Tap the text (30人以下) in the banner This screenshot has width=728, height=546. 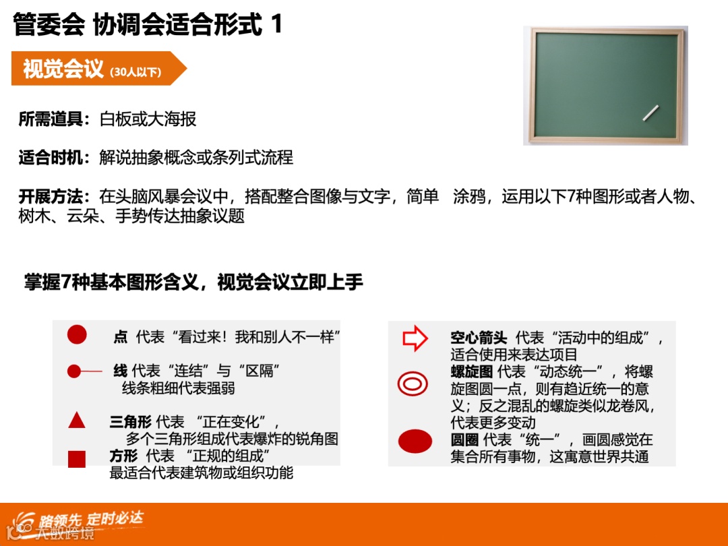click(135, 72)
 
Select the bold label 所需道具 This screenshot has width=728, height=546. click(54, 120)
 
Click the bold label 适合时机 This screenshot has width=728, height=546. click(54, 158)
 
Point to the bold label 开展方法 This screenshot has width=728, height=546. click(54, 198)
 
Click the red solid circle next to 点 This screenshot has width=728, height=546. click(77, 334)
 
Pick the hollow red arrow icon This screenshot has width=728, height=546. click(415, 338)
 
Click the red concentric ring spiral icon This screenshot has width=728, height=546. click(413, 384)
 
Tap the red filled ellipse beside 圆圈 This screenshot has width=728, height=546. click(415, 442)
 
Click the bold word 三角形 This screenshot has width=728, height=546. click(130, 422)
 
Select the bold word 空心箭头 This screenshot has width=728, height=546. click(479, 338)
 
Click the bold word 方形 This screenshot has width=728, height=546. click(123, 456)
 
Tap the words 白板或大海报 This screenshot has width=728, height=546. click(148, 120)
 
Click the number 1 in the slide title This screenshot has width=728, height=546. click(276, 25)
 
